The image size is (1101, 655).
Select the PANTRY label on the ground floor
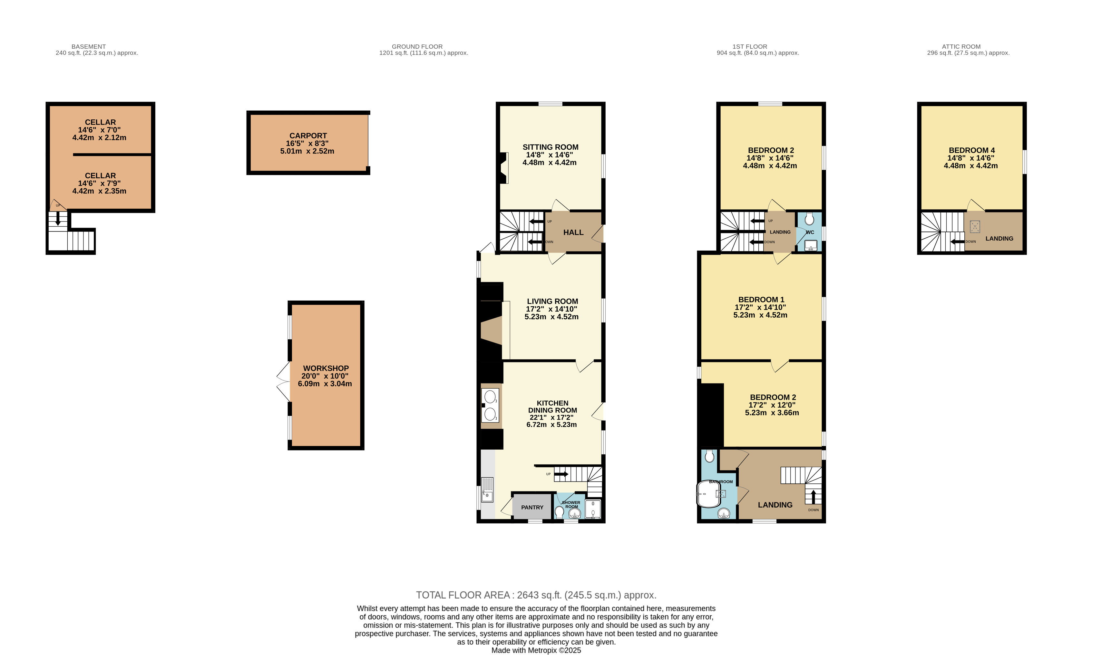[x=532, y=508]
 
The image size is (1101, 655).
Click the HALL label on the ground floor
[x=573, y=233]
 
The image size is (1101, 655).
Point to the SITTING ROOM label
[x=550, y=147]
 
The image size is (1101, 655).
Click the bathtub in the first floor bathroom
[x=708, y=493]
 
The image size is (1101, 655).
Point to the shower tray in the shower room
[x=593, y=509]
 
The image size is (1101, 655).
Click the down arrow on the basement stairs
[x=57, y=218]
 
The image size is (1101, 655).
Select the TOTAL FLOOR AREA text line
[x=536, y=595]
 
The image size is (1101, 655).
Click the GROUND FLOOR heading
[x=417, y=46]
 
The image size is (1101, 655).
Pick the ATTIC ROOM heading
[x=961, y=46]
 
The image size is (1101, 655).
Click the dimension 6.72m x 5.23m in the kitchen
[x=551, y=425]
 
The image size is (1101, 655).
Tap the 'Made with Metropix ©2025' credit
[x=536, y=650]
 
